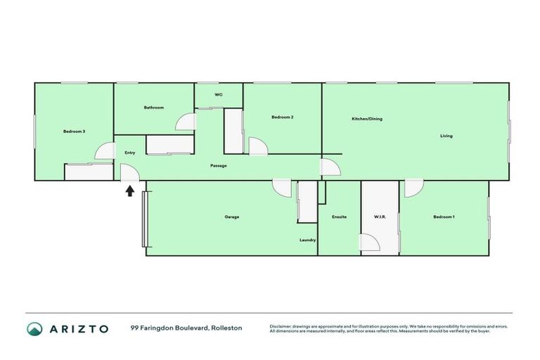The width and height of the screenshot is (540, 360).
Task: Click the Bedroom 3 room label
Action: (74, 131)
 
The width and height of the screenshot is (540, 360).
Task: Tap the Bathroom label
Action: (154, 108)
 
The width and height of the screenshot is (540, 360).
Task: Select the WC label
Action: (218, 95)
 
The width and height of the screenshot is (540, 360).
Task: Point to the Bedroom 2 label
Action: (282, 117)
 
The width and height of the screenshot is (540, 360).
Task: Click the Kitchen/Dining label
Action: (366, 119)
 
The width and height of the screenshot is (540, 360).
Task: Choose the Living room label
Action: (446, 136)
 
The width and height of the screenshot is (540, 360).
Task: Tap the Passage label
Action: (218, 166)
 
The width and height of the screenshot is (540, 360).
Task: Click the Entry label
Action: (129, 153)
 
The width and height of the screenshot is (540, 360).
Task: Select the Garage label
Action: (231, 217)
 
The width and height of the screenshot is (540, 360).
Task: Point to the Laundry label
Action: (307, 240)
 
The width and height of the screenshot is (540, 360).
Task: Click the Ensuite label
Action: (339, 217)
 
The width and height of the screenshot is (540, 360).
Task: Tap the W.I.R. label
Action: (379, 217)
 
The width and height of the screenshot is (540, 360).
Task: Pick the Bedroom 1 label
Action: (444, 217)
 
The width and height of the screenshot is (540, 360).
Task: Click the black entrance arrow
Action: (130, 190)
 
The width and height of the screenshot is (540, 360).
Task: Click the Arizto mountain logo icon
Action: (34, 328)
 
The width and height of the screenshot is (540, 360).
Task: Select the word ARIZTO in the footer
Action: (79, 328)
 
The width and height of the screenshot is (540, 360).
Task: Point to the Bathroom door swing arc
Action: (186, 122)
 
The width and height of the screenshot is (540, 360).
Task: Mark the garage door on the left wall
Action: (144, 219)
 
